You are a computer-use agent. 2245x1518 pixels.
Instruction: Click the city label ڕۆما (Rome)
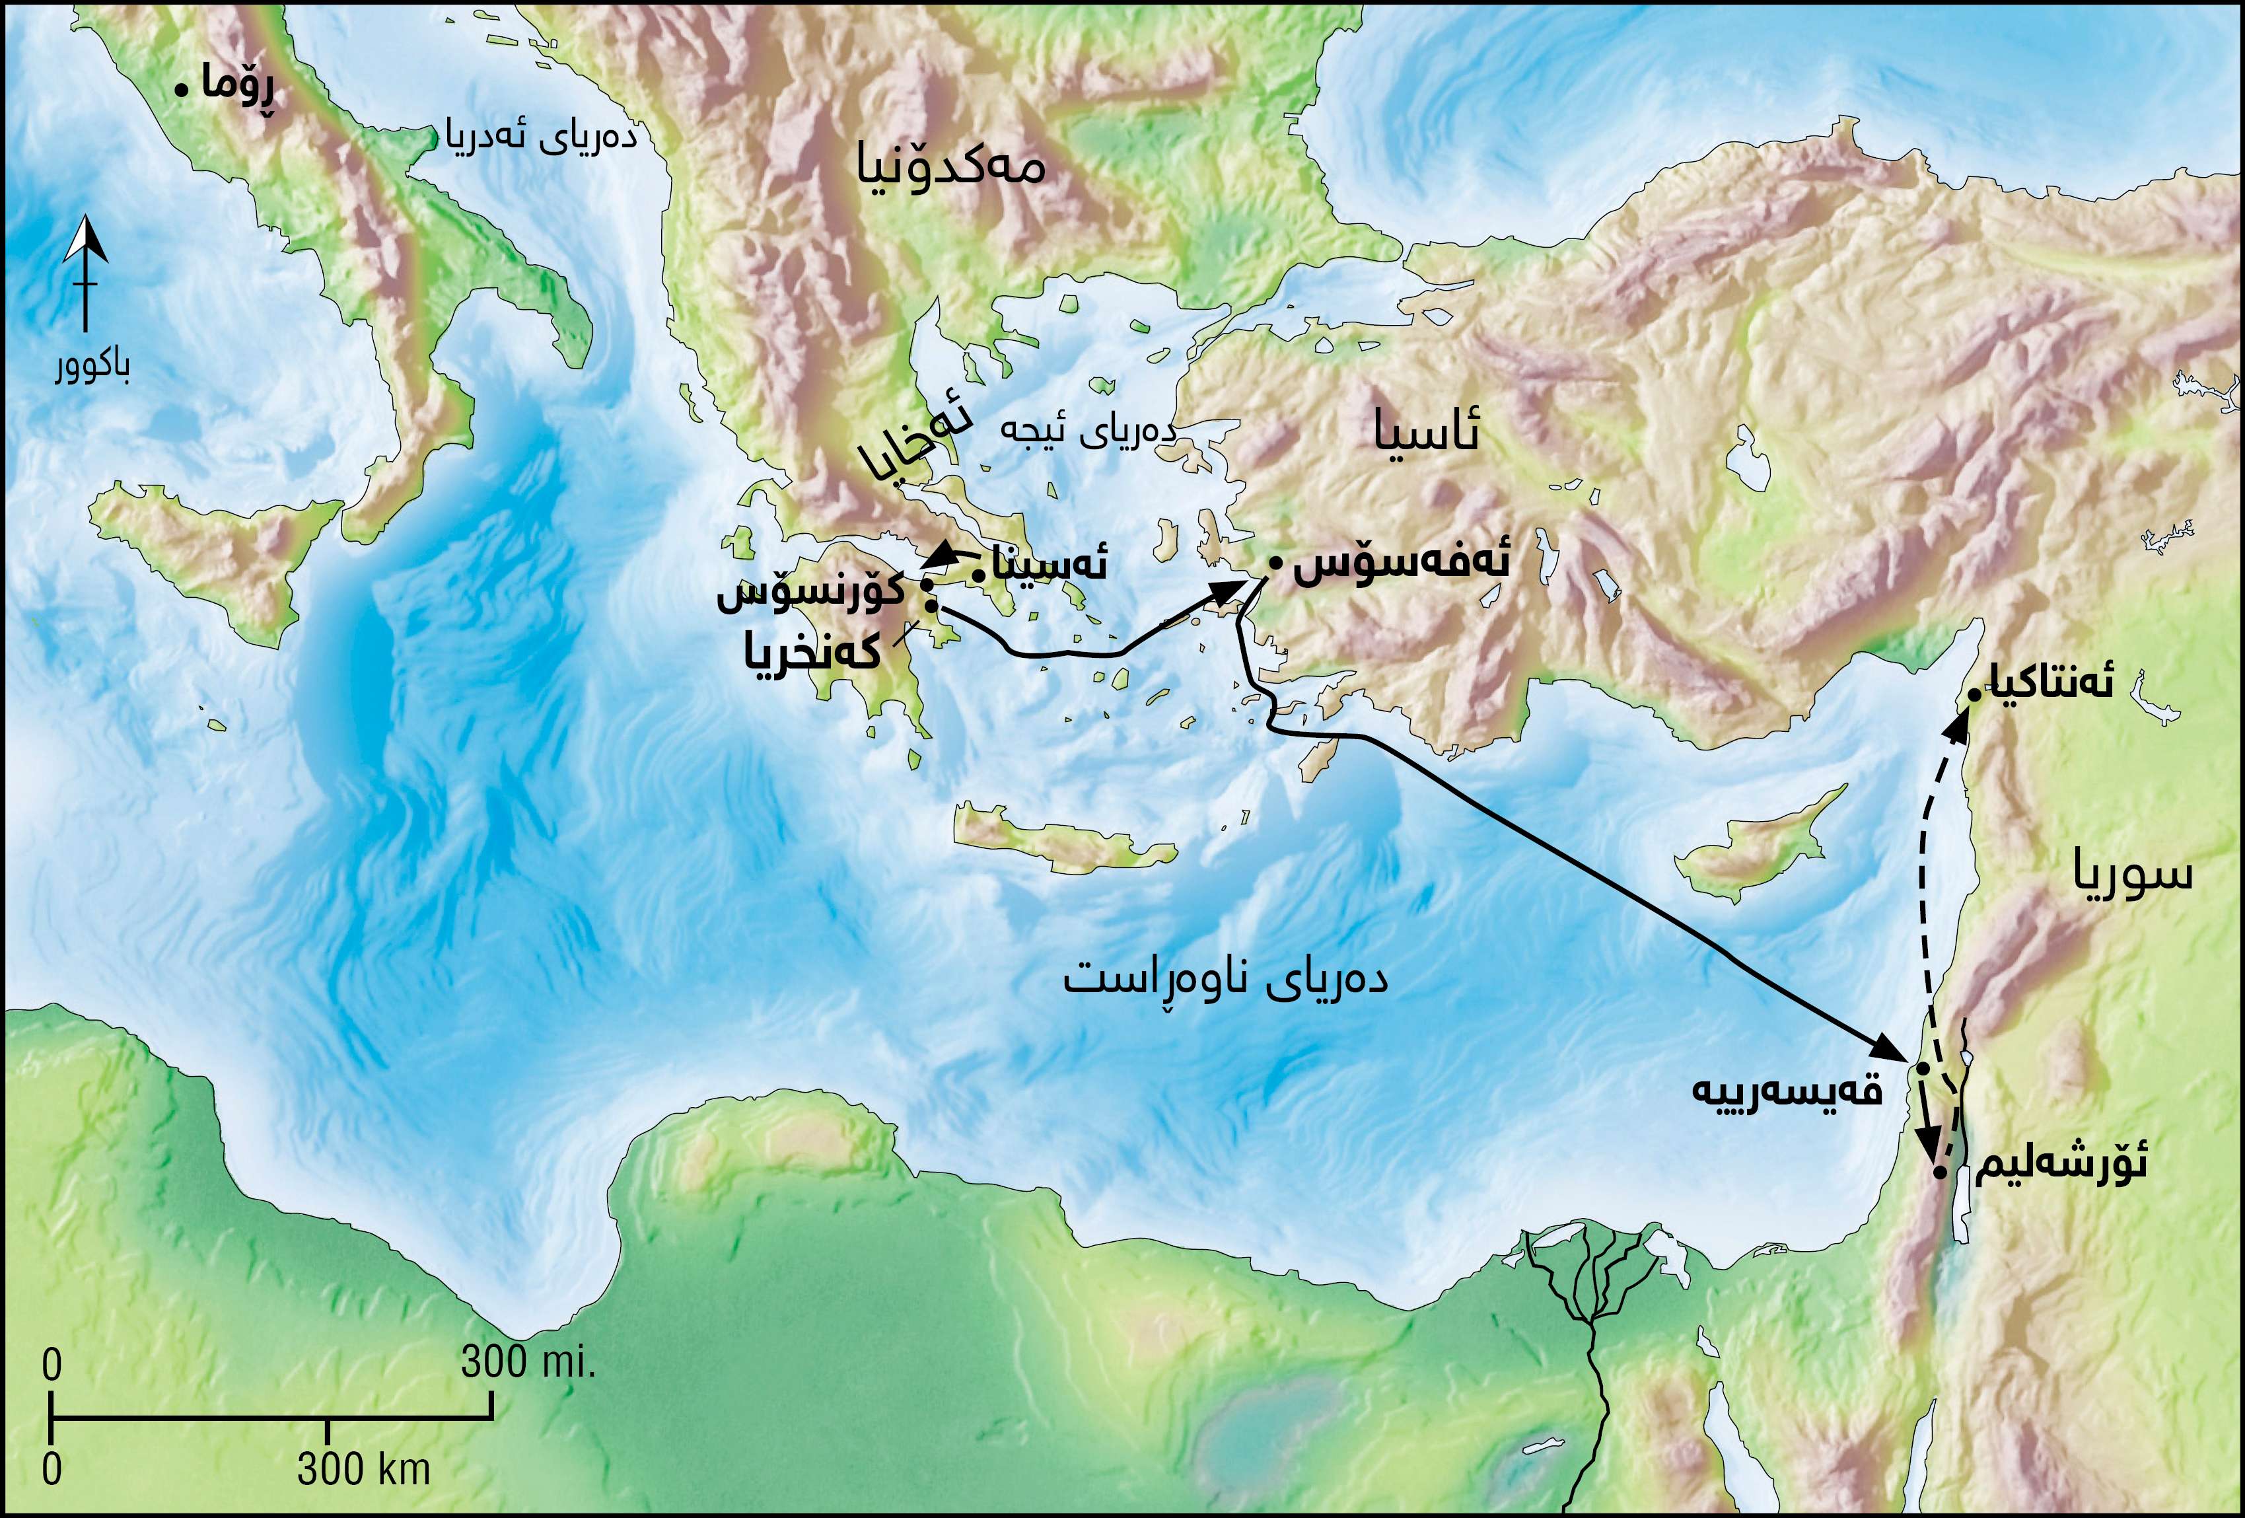click(238, 86)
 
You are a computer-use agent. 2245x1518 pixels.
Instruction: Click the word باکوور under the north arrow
click(92, 367)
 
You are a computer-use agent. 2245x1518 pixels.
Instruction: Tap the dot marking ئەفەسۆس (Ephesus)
click(1275, 562)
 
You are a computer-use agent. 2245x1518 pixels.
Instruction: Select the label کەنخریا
click(812, 653)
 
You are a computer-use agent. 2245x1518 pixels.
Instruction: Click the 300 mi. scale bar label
click(528, 1362)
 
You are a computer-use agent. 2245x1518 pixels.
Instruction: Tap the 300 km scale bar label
click(363, 1470)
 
